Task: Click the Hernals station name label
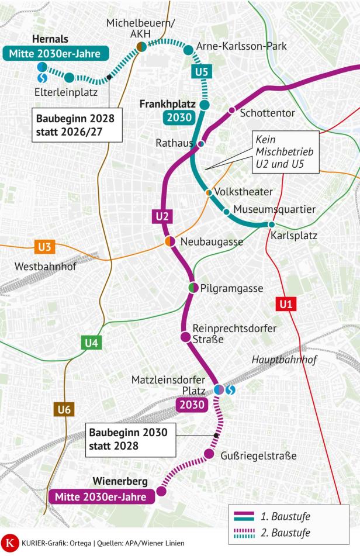[50, 39]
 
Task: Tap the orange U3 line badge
[44, 247]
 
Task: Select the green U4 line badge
[91, 343]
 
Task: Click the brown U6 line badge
[64, 410]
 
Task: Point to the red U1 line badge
[285, 304]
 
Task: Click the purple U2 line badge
[164, 217]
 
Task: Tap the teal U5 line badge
[200, 73]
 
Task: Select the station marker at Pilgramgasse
[193, 288]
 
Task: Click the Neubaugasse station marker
[170, 241]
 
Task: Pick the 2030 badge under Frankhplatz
[179, 118]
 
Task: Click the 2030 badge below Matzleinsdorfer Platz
[192, 405]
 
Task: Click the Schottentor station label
[267, 113]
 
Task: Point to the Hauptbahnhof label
[284, 360]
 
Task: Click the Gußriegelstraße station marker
[209, 455]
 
